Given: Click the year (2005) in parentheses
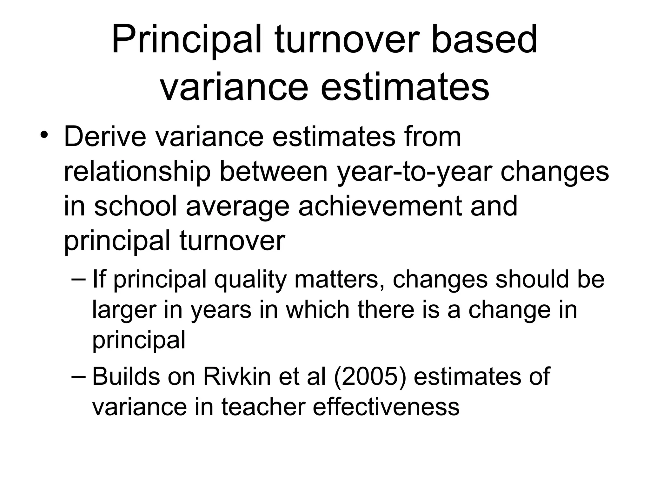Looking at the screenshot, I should pos(370,377).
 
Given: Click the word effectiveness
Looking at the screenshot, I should pos(386,407).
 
